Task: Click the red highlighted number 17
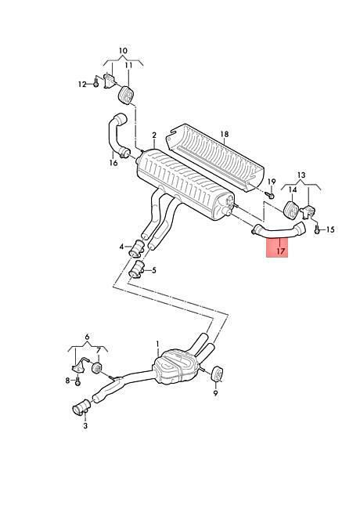[281, 251]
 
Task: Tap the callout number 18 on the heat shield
[225, 134]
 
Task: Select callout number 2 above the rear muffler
[154, 135]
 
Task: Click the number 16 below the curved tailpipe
[113, 163]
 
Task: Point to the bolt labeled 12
[95, 84]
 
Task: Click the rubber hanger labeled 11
[126, 95]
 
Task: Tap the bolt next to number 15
[317, 230]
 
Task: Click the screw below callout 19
[270, 195]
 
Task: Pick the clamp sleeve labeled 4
[137, 249]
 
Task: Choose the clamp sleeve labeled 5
[137, 269]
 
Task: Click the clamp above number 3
[81, 407]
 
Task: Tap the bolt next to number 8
[77, 383]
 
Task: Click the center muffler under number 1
[175, 366]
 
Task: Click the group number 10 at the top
[123, 51]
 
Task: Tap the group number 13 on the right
[301, 175]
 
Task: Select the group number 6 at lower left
[87, 337]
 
